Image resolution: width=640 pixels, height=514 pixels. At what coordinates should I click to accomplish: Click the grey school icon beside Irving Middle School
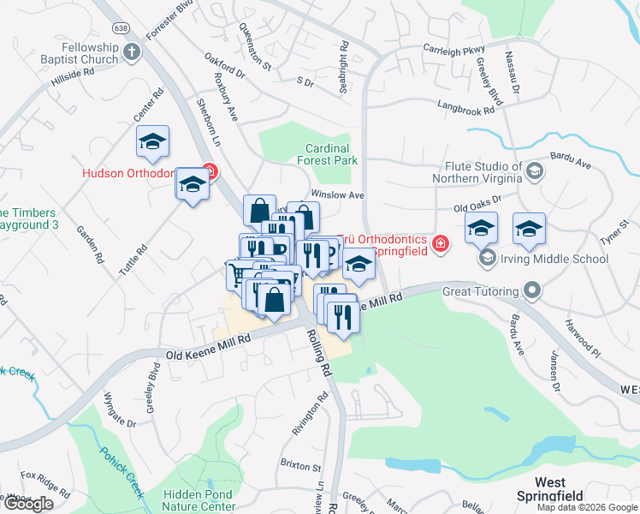487,258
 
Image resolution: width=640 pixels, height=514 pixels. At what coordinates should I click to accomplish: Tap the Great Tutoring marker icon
533,291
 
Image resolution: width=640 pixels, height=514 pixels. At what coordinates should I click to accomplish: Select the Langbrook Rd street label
465,110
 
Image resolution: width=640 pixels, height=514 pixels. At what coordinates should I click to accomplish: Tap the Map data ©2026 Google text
586,507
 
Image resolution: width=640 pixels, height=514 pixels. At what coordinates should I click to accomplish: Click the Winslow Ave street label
338,195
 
